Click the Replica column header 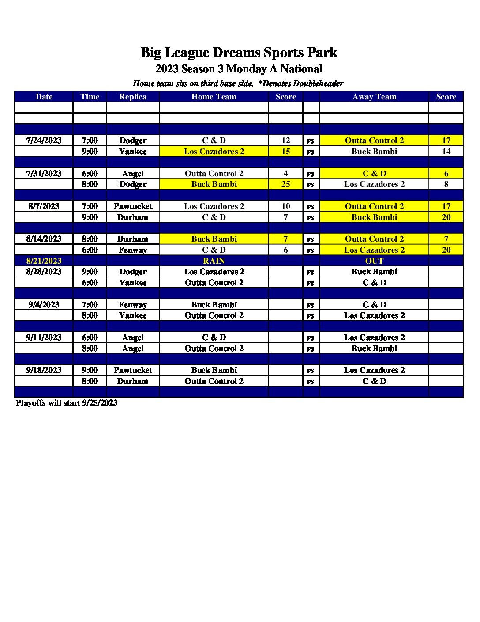coord(133,97)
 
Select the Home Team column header coord(214,97)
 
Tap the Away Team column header coord(374,97)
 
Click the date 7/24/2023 coord(44,140)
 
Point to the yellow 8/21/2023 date coord(44,261)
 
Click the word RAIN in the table coord(214,261)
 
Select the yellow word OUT coord(374,261)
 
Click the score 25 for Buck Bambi coord(285,184)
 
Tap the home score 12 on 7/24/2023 coord(285,140)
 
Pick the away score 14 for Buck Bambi coord(446,152)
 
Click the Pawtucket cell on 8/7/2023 coord(133,206)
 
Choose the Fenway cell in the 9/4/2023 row coord(133,304)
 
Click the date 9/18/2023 coord(44,370)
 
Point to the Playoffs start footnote coord(67,403)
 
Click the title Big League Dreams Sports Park coord(239,53)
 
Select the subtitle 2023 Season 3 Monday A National coord(239,69)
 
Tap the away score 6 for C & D coord(446,174)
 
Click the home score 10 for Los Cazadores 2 coord(285,206)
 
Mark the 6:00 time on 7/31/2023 coord(90,174)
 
